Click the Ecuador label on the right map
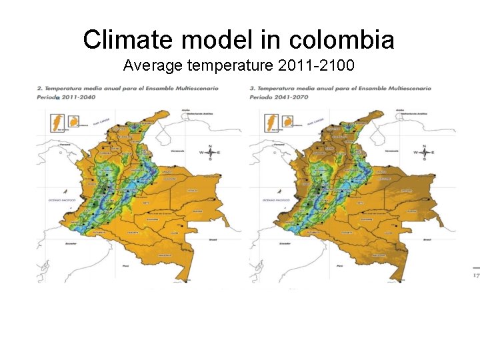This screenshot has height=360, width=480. pos(285,244)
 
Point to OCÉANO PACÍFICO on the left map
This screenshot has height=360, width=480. pos(61,199)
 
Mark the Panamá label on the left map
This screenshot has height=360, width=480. pos(65,144)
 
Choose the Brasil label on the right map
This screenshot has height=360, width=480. pos(427,239)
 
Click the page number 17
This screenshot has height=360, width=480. pos(475,275)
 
